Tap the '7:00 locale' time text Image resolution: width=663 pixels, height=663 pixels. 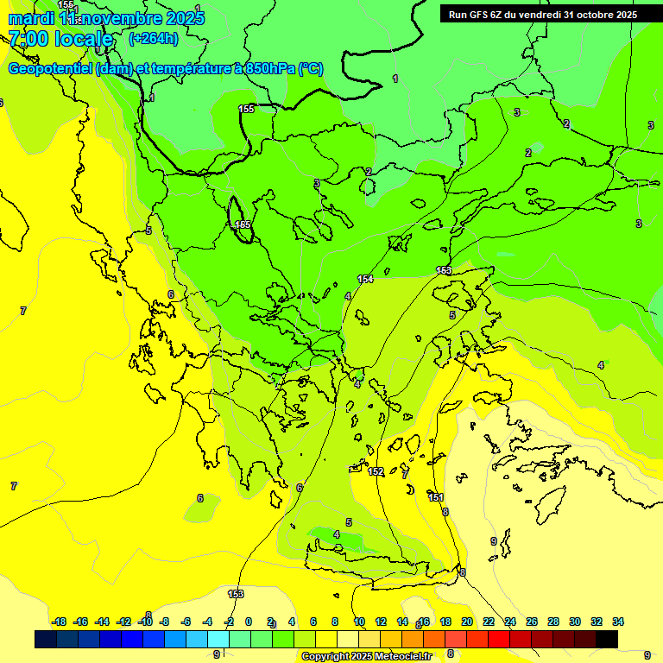pos(60,39)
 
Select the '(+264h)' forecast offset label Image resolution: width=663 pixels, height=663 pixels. pos(153,38)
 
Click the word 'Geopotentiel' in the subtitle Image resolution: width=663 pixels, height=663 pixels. pos(50,69)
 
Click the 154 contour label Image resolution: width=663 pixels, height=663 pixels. pos(365,279)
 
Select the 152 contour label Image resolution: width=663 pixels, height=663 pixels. pos(376,471)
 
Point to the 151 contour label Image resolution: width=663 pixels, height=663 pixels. pos(436,497)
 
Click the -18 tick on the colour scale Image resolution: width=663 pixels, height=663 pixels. pos(59,622)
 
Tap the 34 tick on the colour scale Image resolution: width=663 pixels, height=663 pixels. pos(618,622)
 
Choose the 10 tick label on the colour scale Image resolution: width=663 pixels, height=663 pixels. pos(359,622)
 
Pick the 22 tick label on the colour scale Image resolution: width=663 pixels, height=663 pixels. pos(489,622)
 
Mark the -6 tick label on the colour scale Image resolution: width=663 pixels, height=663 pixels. pos(186,622)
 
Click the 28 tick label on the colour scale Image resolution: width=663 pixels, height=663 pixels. pos(553,622)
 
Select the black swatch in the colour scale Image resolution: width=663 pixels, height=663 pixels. pos(607,639)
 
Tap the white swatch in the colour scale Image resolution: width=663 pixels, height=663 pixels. pos(348,639)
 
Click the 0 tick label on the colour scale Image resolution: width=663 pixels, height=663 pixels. pos(249,622)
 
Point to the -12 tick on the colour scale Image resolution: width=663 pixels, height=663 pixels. pos(123,622)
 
